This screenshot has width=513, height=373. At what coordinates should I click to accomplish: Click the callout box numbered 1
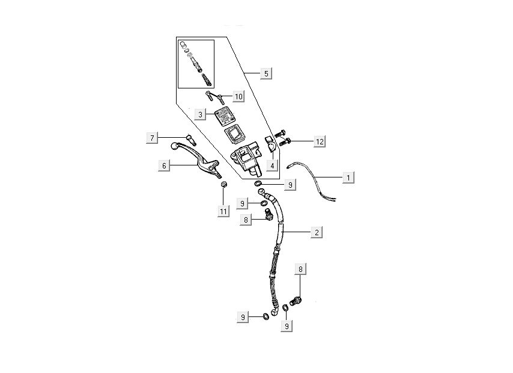[347, 177]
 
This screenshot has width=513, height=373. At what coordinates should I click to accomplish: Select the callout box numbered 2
[315, 232]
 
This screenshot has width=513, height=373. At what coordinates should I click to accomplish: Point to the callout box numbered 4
[273, 165]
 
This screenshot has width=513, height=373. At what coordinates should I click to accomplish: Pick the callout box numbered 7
[153, 138]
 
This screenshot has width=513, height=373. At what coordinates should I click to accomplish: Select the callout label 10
[238, 96]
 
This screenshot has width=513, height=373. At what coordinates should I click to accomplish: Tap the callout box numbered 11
[223, 211]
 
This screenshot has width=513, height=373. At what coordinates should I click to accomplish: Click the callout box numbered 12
[320, 141]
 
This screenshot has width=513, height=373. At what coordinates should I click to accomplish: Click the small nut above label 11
[223, 183]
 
